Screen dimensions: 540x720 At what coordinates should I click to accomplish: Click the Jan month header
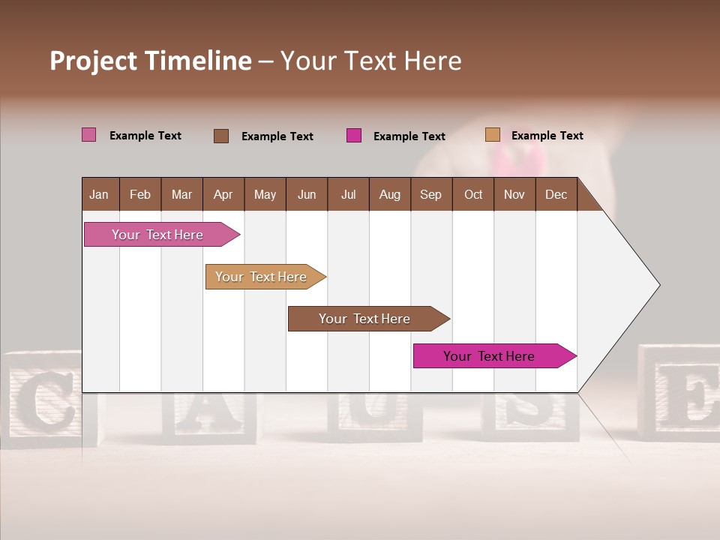tap(100, 194)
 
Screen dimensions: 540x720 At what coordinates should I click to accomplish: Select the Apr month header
tap(223, 194)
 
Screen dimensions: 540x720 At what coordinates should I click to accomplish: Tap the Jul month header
tap(348, 194)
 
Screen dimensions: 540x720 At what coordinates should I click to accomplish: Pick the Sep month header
tap(430, 194)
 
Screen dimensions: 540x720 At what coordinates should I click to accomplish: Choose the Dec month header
tap(556, 194)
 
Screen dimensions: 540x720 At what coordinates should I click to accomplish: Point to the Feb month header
tap(140, 194)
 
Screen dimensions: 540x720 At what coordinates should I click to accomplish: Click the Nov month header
tap(514, 194)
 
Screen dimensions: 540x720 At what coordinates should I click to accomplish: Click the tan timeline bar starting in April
tap(262, 277)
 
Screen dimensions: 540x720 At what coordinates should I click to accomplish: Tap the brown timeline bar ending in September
tap(365, 319)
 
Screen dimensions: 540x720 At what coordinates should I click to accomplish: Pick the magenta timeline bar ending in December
tap(491, 356)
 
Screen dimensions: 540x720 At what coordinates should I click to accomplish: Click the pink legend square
tap(89, 135)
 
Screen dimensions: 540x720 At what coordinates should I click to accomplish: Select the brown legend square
tap(221, 136)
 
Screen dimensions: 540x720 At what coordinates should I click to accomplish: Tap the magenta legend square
tap(354, 136)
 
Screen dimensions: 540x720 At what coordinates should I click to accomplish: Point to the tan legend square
tap(493, 135)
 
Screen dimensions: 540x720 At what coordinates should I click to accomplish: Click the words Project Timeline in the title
tap(151, 61)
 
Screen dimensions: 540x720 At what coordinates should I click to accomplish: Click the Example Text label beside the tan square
tap(547, 136)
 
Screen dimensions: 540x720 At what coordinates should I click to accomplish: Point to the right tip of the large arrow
tap(658, 285)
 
